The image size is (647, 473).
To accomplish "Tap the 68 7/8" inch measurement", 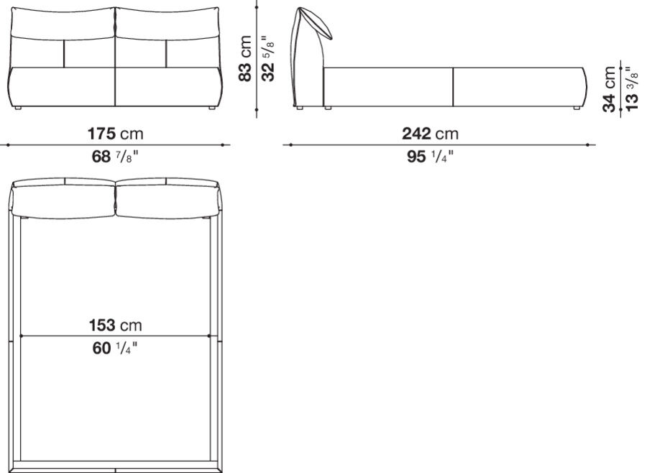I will pyautogui.click(x=115, y=156).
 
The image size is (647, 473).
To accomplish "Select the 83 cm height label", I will pyautogui.click(x=246, y=59).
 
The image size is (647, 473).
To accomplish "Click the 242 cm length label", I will pyautogui.click(x=430, y=134).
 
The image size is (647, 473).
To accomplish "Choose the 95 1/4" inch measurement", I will pyautogui.click(x=431, y=156).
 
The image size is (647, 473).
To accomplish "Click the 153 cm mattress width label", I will pyautogui.click(x=115, y=326).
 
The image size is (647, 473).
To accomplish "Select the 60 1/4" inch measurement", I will pyautogui.click(x=115, y=349).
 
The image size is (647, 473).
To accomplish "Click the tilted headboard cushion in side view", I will pyautogui.click(x=316, y=22).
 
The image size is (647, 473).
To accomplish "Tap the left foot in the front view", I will pyautogui.click(x=19, y=108).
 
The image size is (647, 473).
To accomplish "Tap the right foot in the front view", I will pyautogui.click(x=211, y=108).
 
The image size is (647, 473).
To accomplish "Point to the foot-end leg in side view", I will pyautogui.click(x=576, y=108).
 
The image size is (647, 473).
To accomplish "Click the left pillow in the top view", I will pyautogui.click(x=63, y=199).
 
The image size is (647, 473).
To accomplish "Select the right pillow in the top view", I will pyautogui.click(x=166, y=199).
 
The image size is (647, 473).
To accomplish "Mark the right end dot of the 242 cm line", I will pyautogui.click(x=587, y=144).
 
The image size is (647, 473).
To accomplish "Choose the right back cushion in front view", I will pyautogui.click(x=166, y=25).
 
